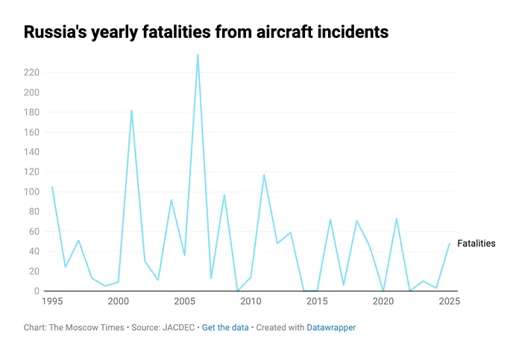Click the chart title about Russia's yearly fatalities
click(x=206, y=32)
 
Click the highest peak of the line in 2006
click(x=198, y=54)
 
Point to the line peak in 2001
click(x=131, y=110)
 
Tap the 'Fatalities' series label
click(x=476, y=244)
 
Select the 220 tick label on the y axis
click(x=31, y=72)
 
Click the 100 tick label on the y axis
click(x=31, y=192)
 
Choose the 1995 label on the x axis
click(x=51, y=302)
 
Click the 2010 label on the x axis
click(x=251, y=302)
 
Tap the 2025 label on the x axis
click(x=450, y=302)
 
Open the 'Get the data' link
click(x=225, y=327)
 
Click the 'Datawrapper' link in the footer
click(x=331, y=327)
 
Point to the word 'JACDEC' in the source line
click(x=179, y=327)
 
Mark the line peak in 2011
click(x=264, y=174)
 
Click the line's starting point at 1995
click(x=51, y=186)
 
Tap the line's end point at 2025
click(x=450, y=243)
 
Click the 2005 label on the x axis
click(x=184, y=302)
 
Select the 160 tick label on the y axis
click(x=31, y=132)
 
